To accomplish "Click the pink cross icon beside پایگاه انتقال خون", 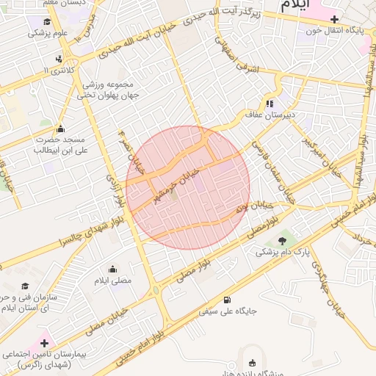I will [x=335, y=19].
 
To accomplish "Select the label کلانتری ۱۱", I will [x=59, y=70].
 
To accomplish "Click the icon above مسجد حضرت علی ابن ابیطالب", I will [x=60, y=128].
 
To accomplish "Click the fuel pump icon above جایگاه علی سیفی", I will [x=227, y=300].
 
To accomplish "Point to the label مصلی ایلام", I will [x=112, y=281].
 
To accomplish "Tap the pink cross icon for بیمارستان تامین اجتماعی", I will [x=43, y=342].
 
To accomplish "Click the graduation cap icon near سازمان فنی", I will [x=25, y=286].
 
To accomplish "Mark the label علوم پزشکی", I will [x=49, y=33].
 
